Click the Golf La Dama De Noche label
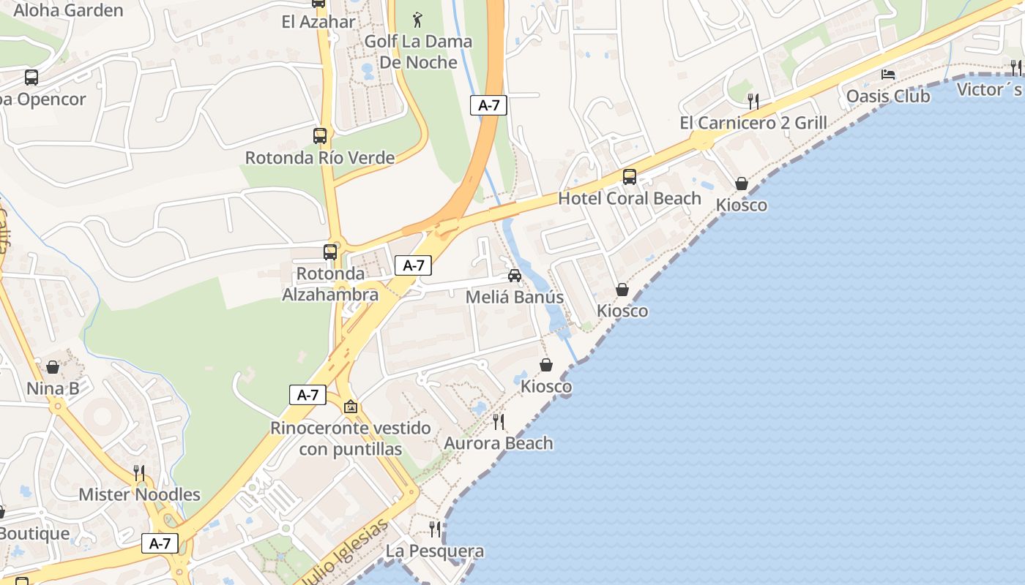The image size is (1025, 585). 418,51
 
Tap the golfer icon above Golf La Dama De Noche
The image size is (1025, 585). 417,19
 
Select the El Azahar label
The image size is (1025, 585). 318,21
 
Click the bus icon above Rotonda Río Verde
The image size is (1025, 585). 320,135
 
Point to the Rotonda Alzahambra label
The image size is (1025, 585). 330,284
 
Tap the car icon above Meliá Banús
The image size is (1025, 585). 515,276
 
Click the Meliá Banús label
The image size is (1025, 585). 515,298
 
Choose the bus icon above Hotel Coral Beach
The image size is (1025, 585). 630,176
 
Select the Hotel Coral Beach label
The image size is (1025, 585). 630,198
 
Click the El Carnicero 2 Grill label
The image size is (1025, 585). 753,123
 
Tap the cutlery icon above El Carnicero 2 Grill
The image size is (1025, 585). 753,100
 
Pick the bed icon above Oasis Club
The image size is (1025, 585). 888,75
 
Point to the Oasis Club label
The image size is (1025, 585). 888,97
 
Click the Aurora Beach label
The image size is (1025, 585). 499,443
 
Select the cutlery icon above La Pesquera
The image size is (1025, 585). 435,529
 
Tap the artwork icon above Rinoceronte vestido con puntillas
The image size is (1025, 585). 351,407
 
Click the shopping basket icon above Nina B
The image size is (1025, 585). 53,367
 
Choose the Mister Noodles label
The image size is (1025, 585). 139,494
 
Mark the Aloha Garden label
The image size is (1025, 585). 68,10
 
